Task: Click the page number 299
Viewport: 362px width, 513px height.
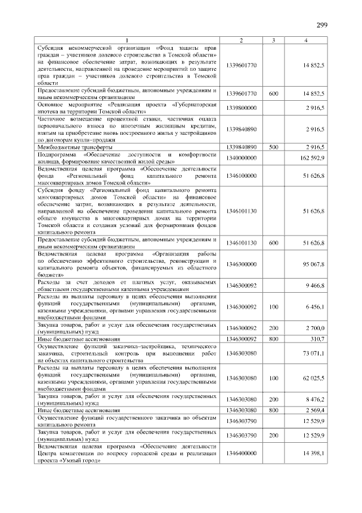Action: [x=322, y=25]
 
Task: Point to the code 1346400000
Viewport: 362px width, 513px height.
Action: [x=241, y=454]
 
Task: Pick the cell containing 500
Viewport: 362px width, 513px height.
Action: [x=273, y=147]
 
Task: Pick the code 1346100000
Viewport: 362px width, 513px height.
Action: [x=241, y=176]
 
